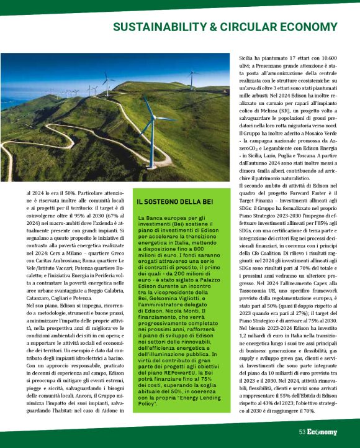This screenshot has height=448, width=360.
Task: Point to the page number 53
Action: [x=302, y=432]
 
